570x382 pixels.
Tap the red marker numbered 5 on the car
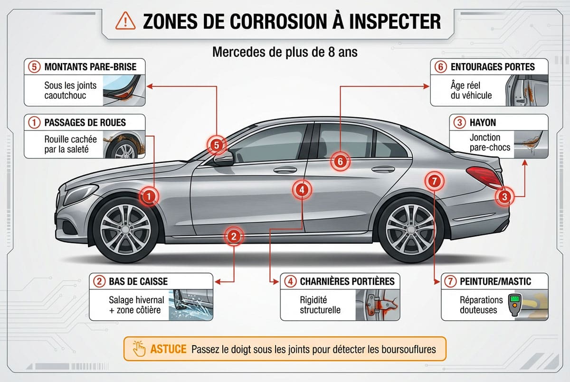point(217,146)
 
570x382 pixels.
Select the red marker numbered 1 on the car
point(149,196)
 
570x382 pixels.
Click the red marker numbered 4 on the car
point(302,189)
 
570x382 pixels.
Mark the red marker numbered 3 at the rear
point(505,196)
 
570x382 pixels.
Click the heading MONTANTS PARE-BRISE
point(90,66)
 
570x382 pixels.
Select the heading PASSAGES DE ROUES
point(85,122)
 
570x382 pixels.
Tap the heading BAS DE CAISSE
point(138,281)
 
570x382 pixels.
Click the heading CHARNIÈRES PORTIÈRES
point(347,281)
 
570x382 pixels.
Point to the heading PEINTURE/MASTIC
point(495,281)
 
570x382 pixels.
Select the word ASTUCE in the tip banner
point(168,349)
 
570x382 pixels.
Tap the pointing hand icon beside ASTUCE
point(140,349)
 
